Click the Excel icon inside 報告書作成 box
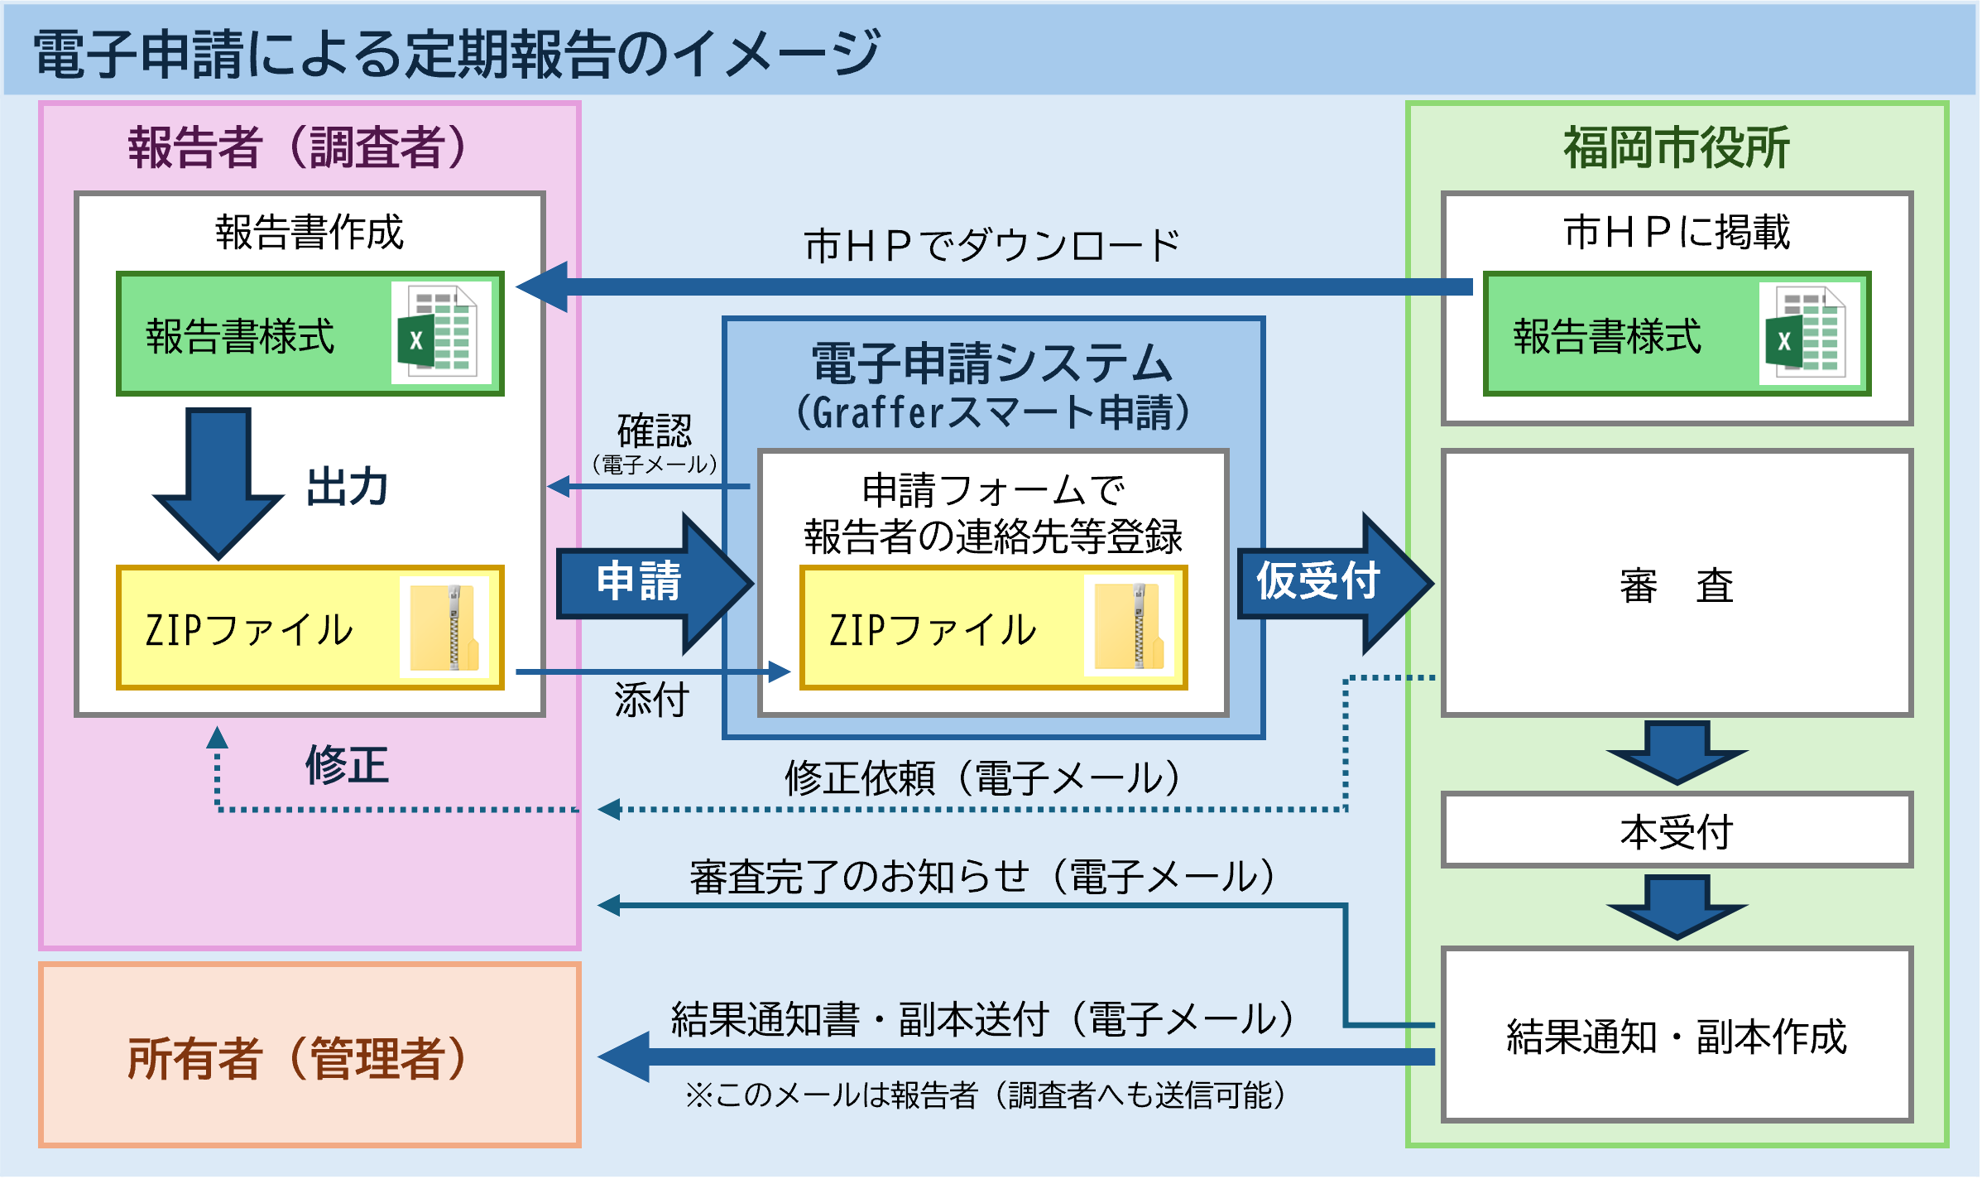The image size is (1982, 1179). [441, 333]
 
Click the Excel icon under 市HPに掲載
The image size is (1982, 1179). [1809, 333]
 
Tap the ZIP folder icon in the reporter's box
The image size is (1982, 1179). [444, 628]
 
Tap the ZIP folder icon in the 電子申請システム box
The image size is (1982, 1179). [1129, 628]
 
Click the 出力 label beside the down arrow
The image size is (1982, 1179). [347, 487]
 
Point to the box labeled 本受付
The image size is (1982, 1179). [1677, 830]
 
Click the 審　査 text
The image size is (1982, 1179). [1677, 585]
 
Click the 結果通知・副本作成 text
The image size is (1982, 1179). [1677, 1036]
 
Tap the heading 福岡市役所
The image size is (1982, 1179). [1677, 147]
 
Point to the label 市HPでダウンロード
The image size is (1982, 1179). [991, 246]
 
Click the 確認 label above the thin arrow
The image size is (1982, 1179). [654, 431]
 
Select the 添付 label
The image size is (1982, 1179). [651, 700]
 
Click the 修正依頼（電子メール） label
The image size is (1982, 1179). [985, 778]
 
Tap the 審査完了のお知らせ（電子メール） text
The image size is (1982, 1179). [985, 877]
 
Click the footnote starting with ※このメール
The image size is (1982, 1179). [985, 1095]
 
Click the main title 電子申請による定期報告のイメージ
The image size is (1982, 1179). [456, 54]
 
